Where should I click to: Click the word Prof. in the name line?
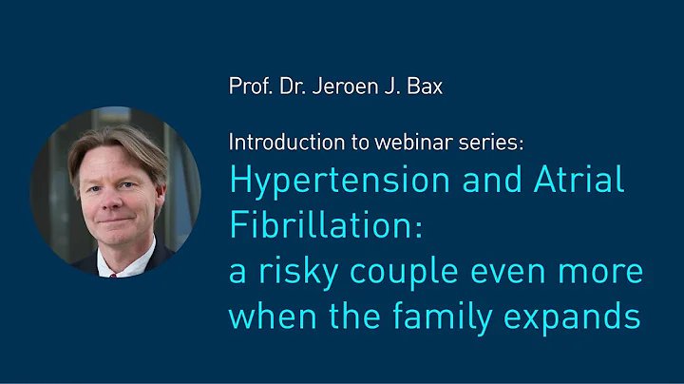pos(250,86)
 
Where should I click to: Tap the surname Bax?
pos(424,86)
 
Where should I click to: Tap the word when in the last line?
pos(268,317)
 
